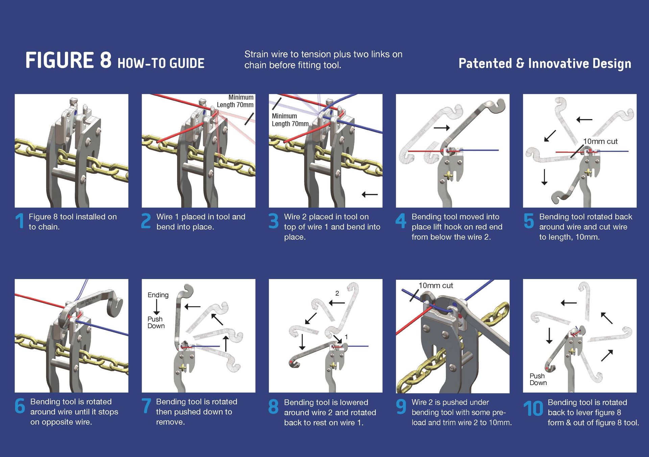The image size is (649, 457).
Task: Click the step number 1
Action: coord(20,221)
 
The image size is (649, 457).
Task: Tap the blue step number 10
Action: coord(533,408)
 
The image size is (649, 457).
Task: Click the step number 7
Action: coord(146,406)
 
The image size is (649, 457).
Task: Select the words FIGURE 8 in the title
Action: coord(68,61)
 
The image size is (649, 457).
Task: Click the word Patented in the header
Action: coord(485,64)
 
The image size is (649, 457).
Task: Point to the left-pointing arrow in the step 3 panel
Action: coord(369,195)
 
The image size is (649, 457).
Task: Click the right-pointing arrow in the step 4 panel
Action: coord(441,128)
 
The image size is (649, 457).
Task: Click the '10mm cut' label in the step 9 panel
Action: coord(436,285)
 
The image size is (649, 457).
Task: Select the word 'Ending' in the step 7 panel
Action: coord(158,295)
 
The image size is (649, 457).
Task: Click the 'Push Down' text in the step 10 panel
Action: coord(538,379)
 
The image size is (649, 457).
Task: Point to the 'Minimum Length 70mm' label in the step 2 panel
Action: coord(235,101)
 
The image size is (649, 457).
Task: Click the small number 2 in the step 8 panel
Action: coord(337,293)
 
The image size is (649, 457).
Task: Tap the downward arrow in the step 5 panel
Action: coord(544,177)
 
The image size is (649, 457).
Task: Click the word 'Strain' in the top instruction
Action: coord(256,54)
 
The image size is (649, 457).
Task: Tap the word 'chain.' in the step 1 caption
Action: coord(44,227)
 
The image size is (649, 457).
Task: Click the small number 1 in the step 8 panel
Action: coord(346,337)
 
